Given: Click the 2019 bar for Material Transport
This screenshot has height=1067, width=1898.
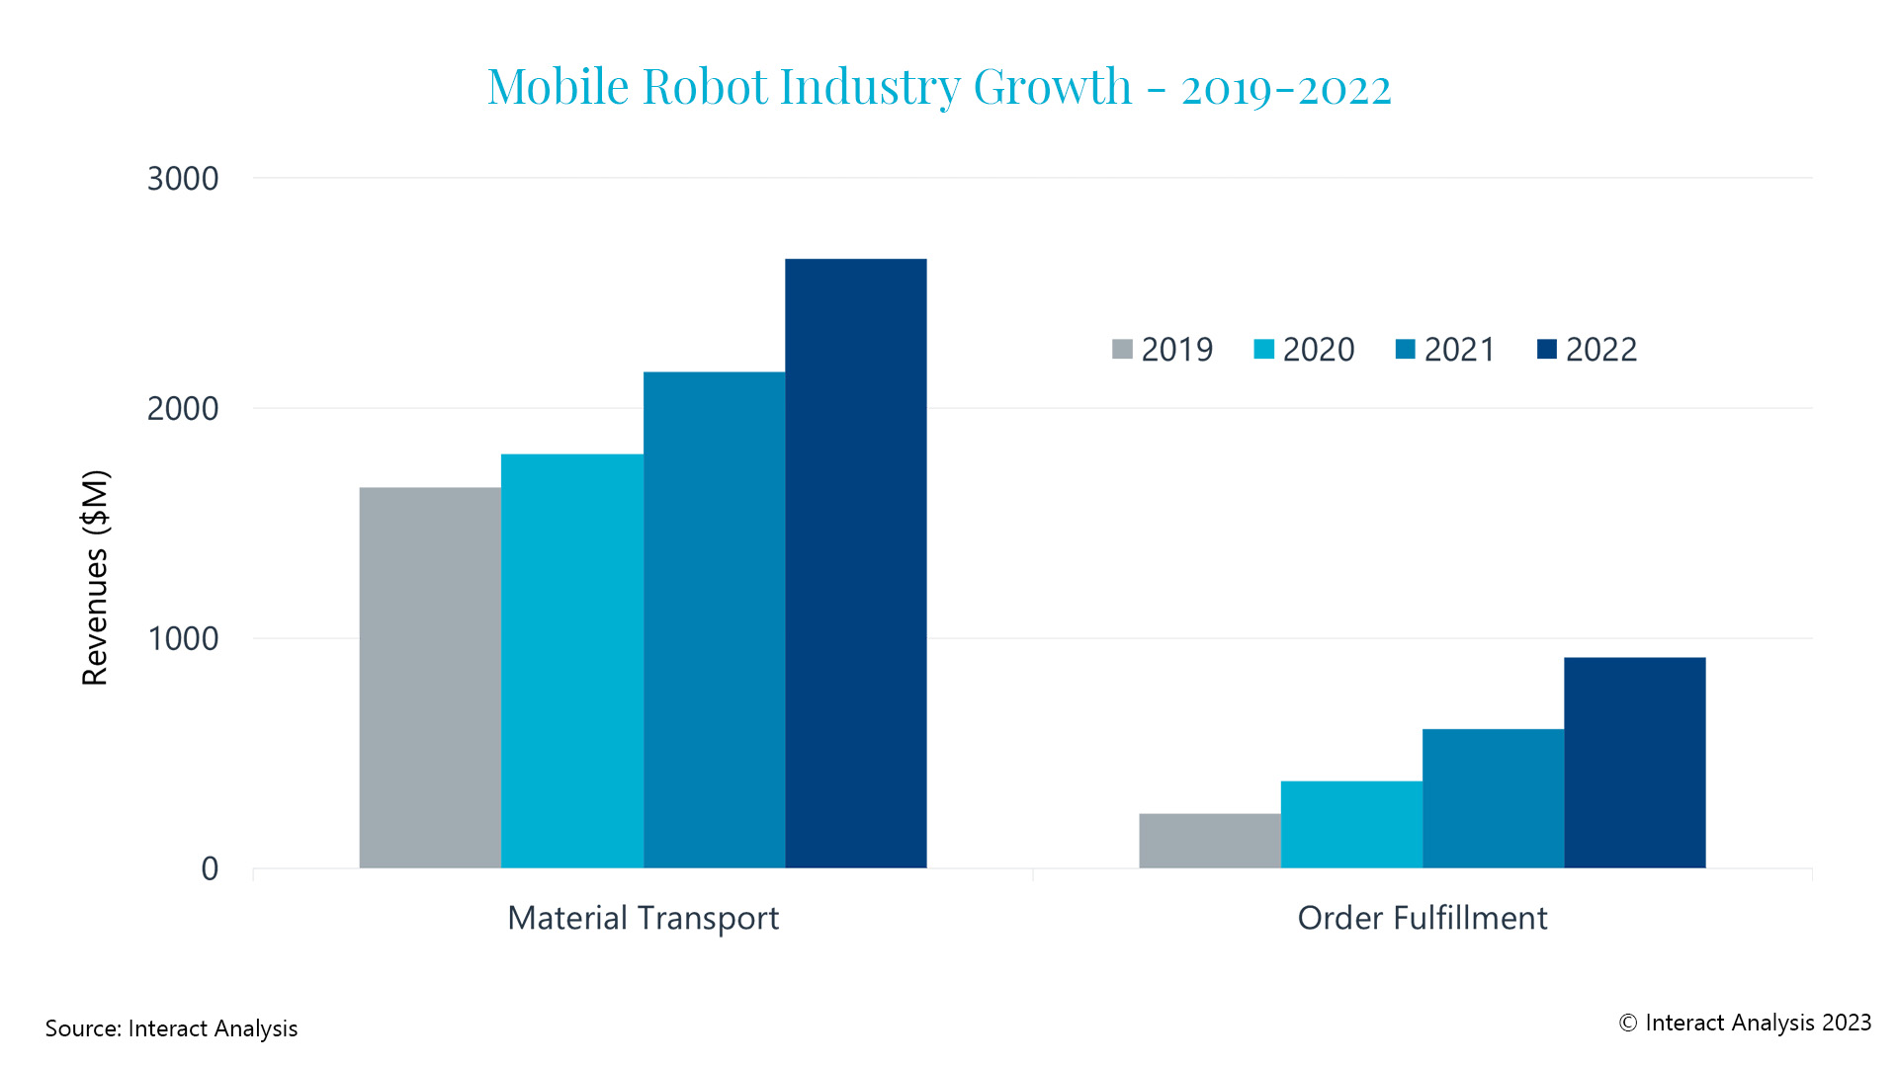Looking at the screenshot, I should tap(430, 678).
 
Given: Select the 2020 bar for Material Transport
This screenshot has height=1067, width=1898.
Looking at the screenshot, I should tap(572, 661).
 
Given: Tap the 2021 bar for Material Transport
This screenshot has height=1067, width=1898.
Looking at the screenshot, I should tap(714, 619).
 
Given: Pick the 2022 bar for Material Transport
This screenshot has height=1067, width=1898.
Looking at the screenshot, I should tap(856, 563).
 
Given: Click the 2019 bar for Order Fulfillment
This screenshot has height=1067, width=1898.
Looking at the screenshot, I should tap(1209, 841).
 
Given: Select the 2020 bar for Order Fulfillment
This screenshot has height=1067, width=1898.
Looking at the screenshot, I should tap(1351, 825).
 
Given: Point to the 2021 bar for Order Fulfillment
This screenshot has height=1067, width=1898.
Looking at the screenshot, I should tap(1493, 798).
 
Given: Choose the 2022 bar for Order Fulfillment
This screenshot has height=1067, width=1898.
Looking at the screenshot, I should tap(1634, 763).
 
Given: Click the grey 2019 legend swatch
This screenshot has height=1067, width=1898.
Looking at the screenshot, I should tap(1122, 349).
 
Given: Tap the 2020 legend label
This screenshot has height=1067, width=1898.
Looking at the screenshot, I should tap(1318, 349).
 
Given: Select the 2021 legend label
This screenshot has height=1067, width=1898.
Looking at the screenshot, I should tap(1459, 349).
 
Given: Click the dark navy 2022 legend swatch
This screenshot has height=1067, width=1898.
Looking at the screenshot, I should tap(1547, 349).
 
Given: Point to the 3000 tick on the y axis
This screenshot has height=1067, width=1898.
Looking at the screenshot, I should tap(183, 179).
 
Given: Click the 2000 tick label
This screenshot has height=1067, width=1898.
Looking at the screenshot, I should tap(183, 408).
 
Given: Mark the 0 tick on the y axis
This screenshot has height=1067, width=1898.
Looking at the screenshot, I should tap(210, 868).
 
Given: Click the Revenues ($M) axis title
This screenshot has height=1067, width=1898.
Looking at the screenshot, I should tap(95, 578).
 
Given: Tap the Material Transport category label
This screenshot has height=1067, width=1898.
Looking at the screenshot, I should tap(643, 918).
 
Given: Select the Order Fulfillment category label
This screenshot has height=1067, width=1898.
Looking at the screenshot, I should tap(1422, 918).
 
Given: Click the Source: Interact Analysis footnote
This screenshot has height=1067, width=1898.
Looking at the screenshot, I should tap(171, 1028).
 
